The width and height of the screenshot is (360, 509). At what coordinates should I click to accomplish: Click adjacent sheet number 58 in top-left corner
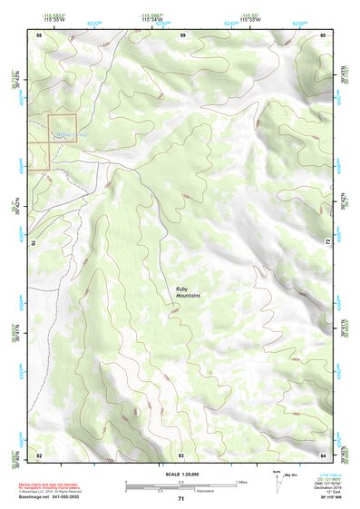point(39,34)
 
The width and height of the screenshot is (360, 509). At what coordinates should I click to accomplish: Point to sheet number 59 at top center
point(182,34)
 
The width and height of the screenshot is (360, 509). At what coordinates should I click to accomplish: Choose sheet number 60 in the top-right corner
point(323,34)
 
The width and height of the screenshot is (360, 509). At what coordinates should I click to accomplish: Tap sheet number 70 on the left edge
point(36,243)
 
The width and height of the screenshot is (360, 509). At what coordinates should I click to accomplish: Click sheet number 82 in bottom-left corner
point(39,454)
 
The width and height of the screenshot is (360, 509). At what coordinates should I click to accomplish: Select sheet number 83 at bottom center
point(181,454)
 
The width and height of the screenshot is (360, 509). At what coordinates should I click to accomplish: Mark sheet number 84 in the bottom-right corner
point(323,454)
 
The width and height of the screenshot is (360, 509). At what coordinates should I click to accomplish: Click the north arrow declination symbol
point(297,478)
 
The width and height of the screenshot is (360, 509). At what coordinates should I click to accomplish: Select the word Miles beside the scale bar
point(241,483)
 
